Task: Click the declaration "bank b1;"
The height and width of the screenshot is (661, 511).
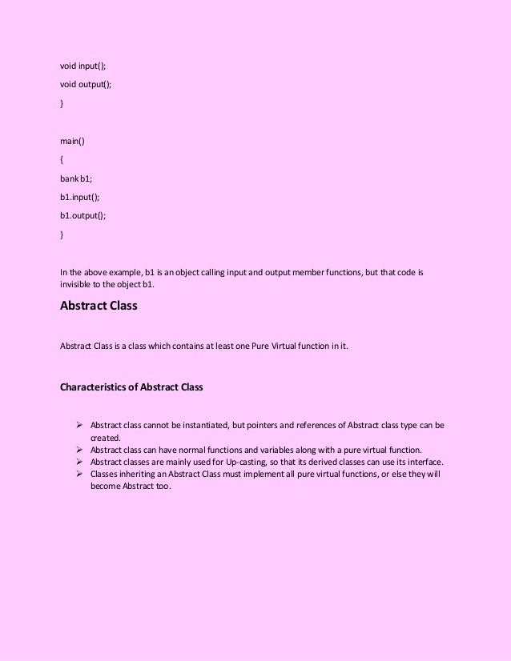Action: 77,178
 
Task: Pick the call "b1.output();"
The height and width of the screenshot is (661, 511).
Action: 83,216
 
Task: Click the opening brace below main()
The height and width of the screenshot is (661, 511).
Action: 62,160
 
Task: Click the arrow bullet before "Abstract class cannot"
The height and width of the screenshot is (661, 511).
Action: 79,425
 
